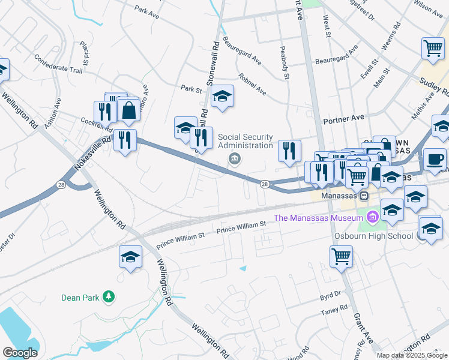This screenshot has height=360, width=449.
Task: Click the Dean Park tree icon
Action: tap(108, 296)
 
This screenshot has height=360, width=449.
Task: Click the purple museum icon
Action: tap(372, 217)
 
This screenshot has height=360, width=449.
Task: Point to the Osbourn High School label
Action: tap(373, 235)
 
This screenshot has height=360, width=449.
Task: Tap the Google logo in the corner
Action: tap(20, 353)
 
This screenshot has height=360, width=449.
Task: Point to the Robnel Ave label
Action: tap(252, 85)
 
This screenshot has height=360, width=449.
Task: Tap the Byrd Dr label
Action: tap(330, 295)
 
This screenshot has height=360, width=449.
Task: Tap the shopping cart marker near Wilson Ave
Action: tap(433, 47)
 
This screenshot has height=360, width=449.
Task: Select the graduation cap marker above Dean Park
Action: tap(130, 257)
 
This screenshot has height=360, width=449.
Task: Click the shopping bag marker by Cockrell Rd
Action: tap(128, 110)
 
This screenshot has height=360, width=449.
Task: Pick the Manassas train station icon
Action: tap(363, 196)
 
